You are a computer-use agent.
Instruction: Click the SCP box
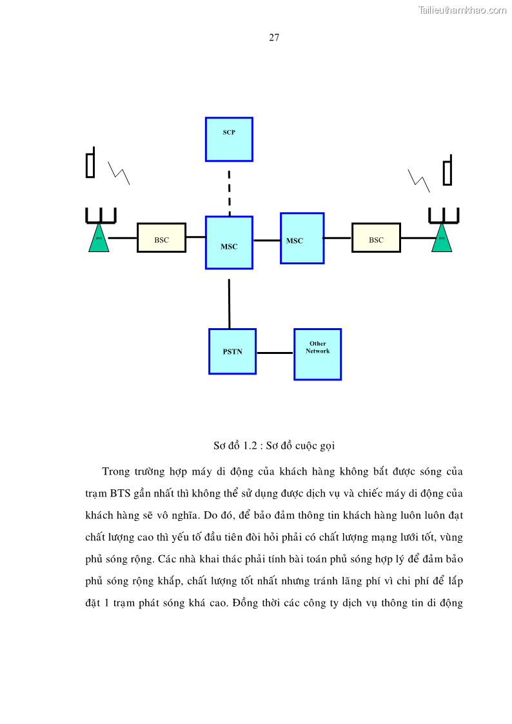(x=229, y=139)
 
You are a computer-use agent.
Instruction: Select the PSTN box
(x=232, y=351)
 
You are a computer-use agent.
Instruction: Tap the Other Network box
(x=317, y=354)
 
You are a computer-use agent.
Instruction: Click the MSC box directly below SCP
(x=229, y=242)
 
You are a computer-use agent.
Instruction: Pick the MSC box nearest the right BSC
(x=302, y=238)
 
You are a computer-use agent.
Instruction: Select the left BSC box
(x=161, y=237)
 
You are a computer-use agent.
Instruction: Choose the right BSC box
(x=376, y=237)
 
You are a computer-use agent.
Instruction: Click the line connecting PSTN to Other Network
(x=275, y=353)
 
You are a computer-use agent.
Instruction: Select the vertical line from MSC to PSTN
(x=229, y=303)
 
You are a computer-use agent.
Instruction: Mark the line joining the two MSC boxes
(x=266, y=240)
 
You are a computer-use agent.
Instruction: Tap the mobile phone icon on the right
(x=447, y=171)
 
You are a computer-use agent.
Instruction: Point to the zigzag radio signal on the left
(x=119, y=173)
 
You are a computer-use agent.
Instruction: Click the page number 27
(x=274, y=37)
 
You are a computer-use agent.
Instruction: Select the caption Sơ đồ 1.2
(x=274, y=445)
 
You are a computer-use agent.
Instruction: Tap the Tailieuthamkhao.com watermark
(x=462, y=10)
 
